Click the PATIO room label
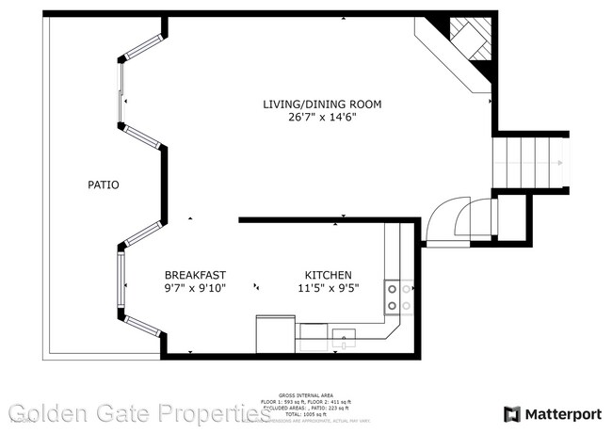pos(104,185)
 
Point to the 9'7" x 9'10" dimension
pos(196,288)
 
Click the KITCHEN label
pos(328,274)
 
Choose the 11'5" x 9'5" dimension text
pos(328,288)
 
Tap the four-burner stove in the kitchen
pos(398,297)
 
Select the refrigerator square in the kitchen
pos(275,334)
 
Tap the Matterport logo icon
pos(511,413)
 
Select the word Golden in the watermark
pos(48,412)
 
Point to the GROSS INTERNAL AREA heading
pos(305,394)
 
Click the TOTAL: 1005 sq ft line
pos(305,414)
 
